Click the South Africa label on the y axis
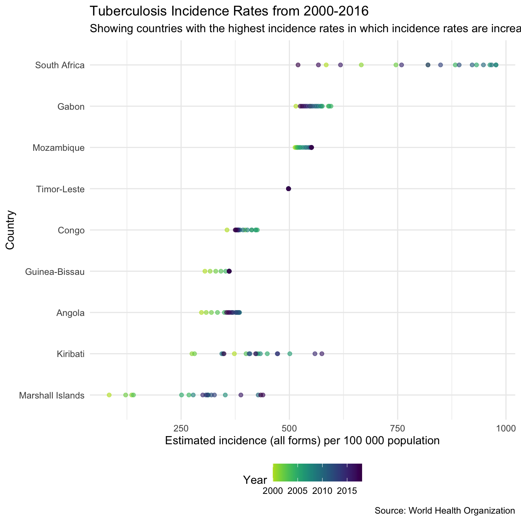(60, 65)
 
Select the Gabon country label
(71, 107)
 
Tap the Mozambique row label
(59, 148)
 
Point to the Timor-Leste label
(60, 189)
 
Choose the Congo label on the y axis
(71, 231)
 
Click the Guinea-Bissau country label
(55, 272)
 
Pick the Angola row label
(70, 313)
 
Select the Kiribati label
(71, 354)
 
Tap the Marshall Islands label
(52, 396)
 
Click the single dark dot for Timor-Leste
(288, 189)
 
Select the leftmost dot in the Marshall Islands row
(109, 395)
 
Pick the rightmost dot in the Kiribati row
(322, 354)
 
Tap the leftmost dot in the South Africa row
(298, 65)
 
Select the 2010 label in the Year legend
(322, 491)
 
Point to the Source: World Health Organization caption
(445, 511)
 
